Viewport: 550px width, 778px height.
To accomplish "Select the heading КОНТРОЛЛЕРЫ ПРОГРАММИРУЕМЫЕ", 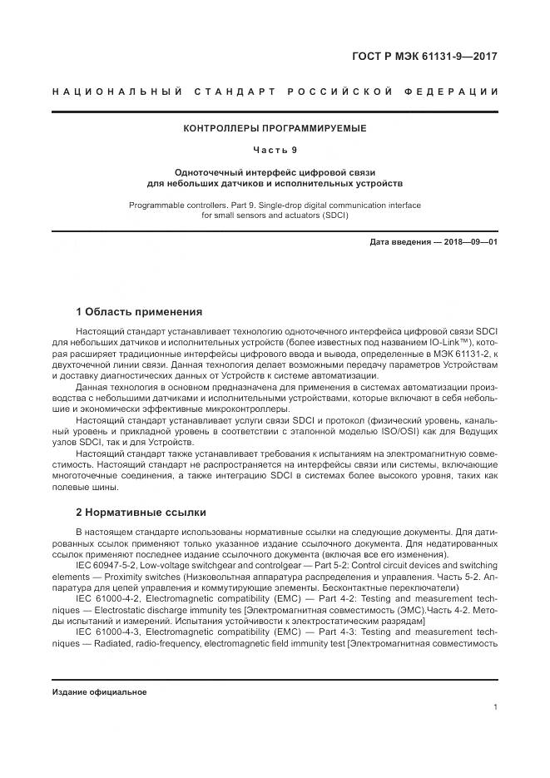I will click(x=275, y=129).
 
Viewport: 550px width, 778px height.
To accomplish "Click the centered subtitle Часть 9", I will click(x=275, y=150).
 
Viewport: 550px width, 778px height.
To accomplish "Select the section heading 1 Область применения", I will click(x=139, y=312).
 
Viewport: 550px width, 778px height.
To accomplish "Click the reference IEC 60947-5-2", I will click(x=108, y=565).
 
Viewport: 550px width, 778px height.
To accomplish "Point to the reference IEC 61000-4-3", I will click(x=108, y=632).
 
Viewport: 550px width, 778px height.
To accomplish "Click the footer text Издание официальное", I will click(x=99, y=691).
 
